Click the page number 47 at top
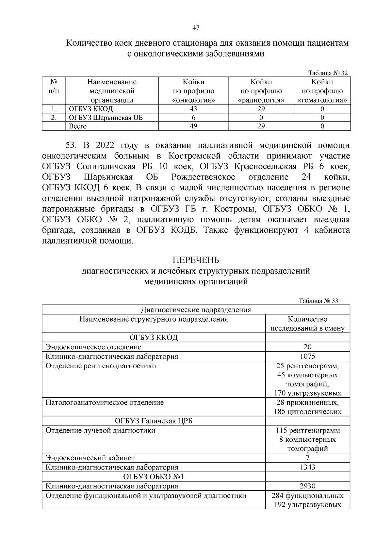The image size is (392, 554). pos(196,28)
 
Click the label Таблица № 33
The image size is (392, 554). pos(318,301)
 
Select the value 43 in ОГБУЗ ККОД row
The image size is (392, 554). pos(193,109)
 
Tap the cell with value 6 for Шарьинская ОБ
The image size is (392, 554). pos(193,118)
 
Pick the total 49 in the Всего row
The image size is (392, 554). pos(193,126)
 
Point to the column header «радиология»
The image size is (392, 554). pos(261,100)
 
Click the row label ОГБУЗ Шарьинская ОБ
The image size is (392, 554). pos(106,118)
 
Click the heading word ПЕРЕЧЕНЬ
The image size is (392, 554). pos(196,260)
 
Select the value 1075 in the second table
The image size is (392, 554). pos(307,356)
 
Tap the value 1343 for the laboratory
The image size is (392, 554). pos(307,467)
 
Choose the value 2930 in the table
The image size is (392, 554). pos(307,486)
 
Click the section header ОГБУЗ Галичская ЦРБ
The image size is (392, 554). pos(154,421)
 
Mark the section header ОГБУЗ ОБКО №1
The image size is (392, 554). pos(154,477)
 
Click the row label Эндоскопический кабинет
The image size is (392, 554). pos(90,458)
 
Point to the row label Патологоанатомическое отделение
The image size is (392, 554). pos(105,403)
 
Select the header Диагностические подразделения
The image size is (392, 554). pos(196,310)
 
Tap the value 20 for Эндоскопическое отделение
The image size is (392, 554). pos(307,347)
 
